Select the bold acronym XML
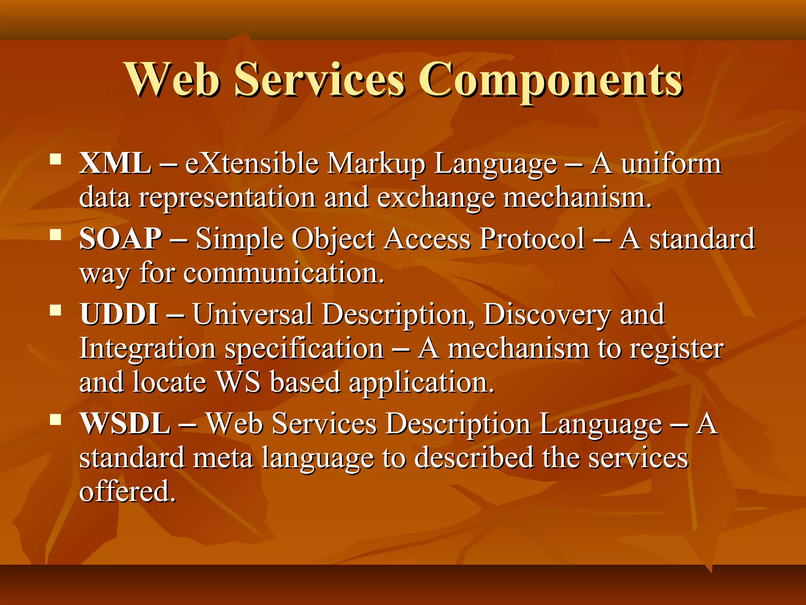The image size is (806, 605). (115, 163)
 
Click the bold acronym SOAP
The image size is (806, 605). (120, 239)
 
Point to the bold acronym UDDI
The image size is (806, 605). (119, 314)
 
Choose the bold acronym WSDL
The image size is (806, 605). (125, 424)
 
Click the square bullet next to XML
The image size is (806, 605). (56, 159)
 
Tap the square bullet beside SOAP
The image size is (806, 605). (56, 235)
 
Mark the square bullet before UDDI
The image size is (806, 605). (56, 310)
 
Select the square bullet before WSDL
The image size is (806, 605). (56, 420)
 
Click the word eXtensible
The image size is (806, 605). (252, 163)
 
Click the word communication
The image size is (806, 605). (284, 273)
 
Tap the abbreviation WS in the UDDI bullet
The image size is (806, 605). (238, 382)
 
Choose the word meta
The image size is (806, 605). (223, 458)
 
